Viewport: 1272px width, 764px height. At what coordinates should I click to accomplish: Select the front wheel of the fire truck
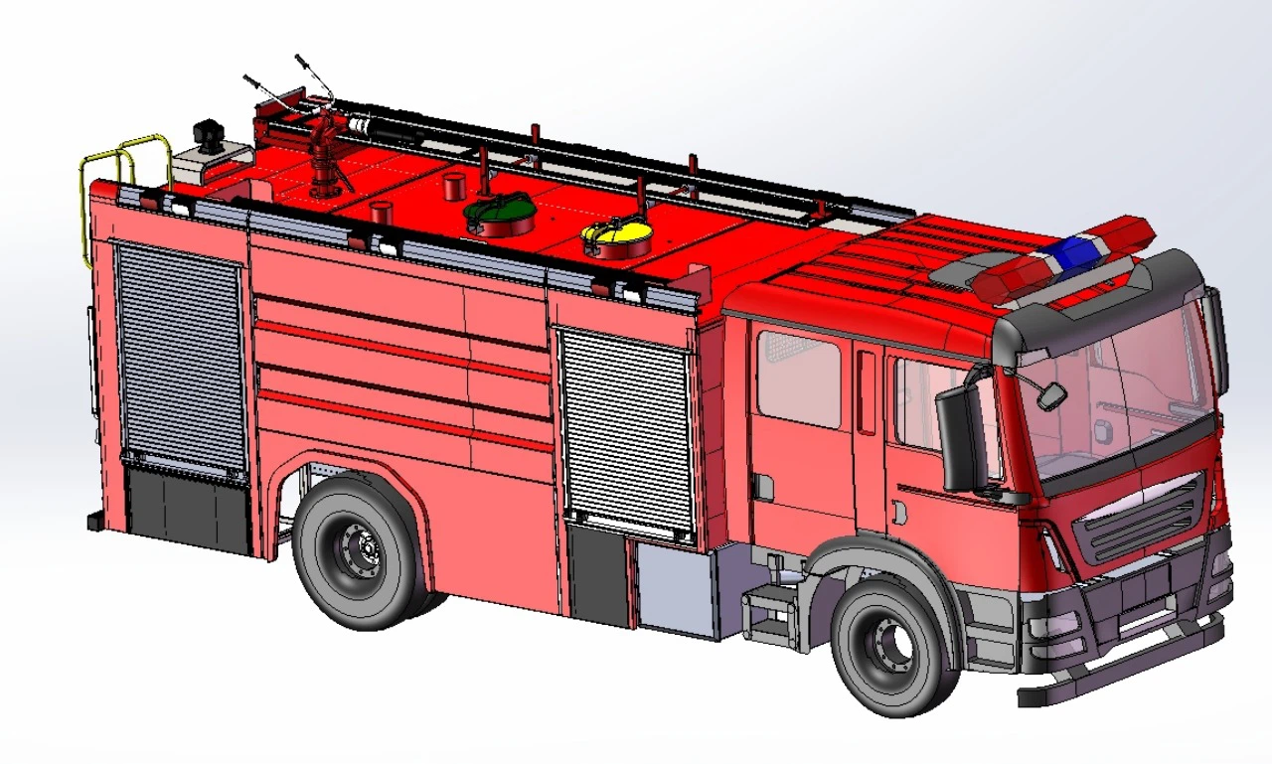click(x=888, y=647)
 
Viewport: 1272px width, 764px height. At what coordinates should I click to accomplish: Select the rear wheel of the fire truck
click(x=360, y=550)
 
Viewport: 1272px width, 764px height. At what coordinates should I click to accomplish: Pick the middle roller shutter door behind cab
click(x=625, y=430)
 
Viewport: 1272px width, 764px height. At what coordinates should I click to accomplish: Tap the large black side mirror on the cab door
click(x=959, y=438)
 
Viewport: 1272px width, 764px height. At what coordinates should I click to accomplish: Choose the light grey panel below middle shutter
click(x=675, y=587)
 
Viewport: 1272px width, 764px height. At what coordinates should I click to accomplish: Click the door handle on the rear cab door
click(x=762, y=486)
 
